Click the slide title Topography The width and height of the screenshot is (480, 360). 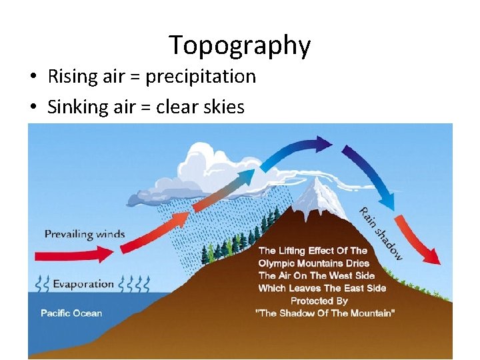point(239,45)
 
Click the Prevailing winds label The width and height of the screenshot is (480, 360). point(85,234)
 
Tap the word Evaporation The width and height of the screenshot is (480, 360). point(83,284)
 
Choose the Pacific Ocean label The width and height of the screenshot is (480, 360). point(71,313)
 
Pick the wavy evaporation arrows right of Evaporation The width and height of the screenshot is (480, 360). point(133,284)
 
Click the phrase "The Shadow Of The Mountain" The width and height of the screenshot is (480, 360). point(325,313)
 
